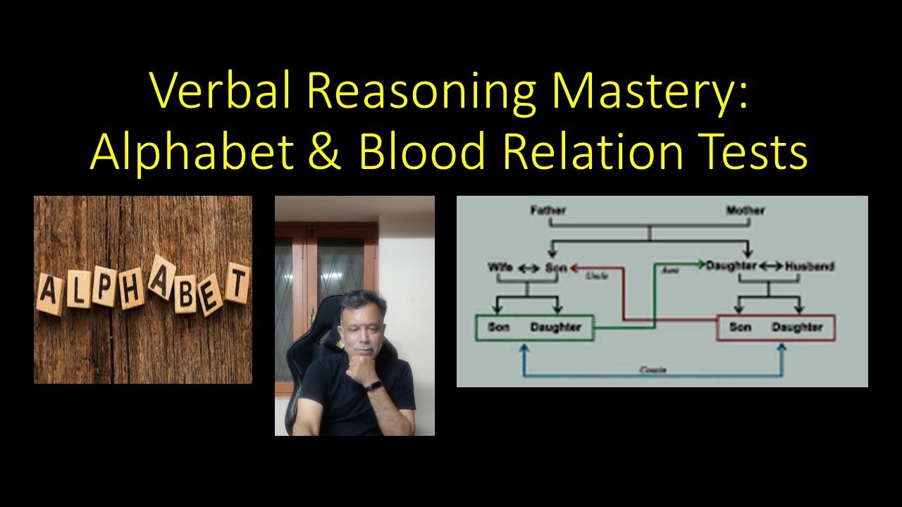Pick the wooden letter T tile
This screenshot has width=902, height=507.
237,286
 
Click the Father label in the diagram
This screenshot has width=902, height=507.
548,210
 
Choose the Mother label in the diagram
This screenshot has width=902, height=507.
745,210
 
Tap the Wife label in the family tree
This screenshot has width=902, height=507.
500,267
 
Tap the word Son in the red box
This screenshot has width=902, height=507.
740,327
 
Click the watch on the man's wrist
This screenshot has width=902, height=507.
374,387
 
